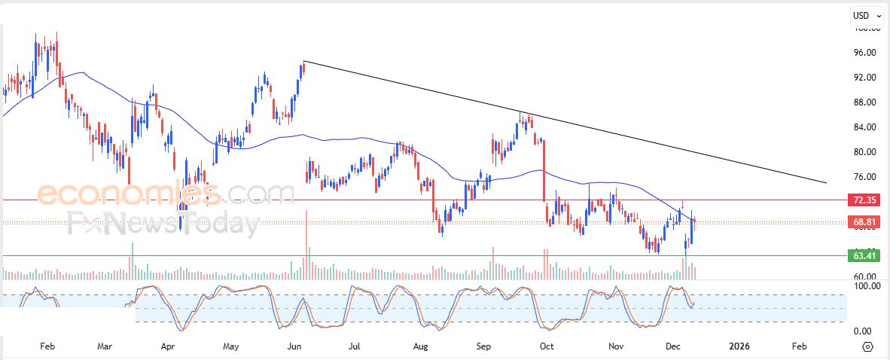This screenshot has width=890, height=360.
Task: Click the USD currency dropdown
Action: tap(866, 15)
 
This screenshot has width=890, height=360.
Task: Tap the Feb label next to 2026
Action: tap(800, 346)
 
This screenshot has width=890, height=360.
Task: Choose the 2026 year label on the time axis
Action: tap(739, 346)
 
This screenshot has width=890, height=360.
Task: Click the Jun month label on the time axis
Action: tap(295, 346)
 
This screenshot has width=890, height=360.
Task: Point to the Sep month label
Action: tap(484, 346)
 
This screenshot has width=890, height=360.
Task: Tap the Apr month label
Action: tap(168, 346)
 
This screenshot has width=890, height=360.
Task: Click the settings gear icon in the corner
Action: tap(867, 346)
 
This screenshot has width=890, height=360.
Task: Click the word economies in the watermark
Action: tap(128, 194)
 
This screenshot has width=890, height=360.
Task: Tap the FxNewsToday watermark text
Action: tap(163, 224)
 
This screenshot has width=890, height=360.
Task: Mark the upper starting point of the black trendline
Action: tap(303, 61)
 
